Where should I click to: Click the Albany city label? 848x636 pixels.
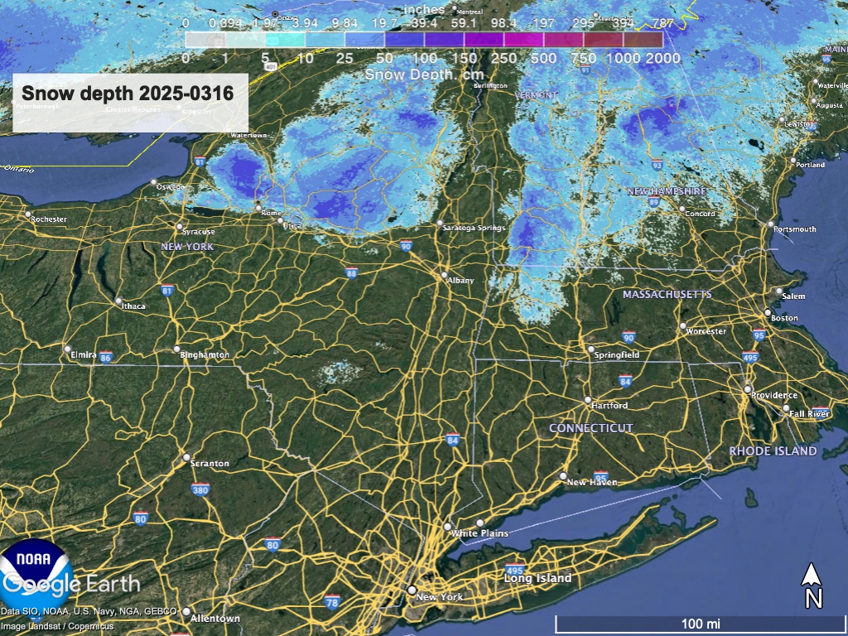460,281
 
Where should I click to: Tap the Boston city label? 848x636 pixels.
784,318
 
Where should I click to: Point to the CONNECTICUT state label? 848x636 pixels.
591,428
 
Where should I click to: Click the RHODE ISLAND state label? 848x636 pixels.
773,451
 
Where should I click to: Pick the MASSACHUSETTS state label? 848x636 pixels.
667,295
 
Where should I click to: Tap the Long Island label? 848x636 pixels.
538,578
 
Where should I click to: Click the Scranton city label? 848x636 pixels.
210,464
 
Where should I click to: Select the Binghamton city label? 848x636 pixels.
205,355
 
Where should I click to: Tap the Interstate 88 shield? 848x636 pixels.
352,273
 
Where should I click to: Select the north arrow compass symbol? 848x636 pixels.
813,585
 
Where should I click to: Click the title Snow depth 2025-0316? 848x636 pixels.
128,93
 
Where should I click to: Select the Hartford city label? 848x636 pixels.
609,406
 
